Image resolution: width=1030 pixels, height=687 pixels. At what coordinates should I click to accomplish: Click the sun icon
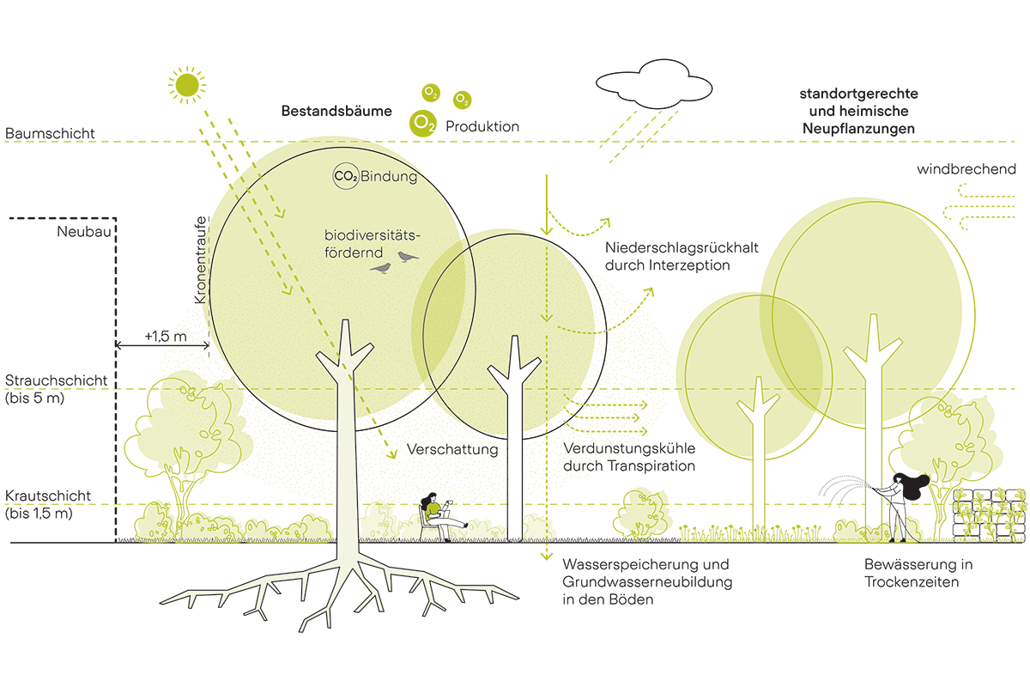188,84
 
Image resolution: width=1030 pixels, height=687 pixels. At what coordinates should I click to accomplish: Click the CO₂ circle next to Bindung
345,177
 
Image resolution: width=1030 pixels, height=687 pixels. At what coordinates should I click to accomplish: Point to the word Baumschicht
50,134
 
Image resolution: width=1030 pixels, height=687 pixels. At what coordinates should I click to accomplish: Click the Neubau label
83,233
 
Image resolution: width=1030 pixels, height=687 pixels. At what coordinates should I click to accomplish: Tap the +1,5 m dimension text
166,336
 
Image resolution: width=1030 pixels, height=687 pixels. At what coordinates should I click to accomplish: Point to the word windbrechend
966,169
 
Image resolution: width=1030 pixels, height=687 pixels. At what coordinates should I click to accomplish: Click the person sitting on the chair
436,517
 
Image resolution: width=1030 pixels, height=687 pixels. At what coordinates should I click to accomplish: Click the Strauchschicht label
57,380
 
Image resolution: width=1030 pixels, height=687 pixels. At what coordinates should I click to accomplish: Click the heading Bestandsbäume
336,112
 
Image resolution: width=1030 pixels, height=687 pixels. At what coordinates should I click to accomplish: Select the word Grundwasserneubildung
647,582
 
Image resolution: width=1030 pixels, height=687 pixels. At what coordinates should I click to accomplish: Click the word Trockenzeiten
912,581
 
